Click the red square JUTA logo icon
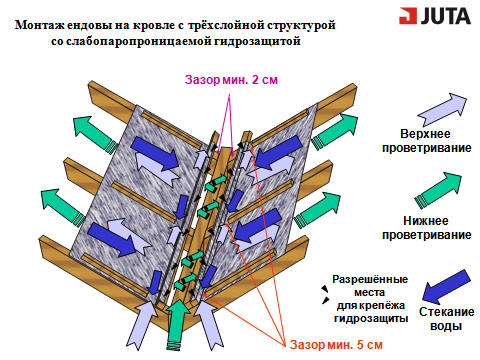coord(408,16)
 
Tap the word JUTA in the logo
coord(446,16)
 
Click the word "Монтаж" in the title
coord(36,25)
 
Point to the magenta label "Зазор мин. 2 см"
coord(231,80)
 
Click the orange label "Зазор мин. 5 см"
coord(336,345)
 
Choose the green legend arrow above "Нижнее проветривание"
coord(438,190)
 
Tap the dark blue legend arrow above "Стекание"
coord(446,287)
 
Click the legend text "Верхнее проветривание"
coord(426,141)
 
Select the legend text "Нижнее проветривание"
coord(426,228)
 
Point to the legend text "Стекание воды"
coord(446,319)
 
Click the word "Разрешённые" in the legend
coord(370,279)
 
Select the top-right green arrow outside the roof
coord(334,132)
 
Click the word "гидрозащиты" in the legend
coord(371,319)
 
